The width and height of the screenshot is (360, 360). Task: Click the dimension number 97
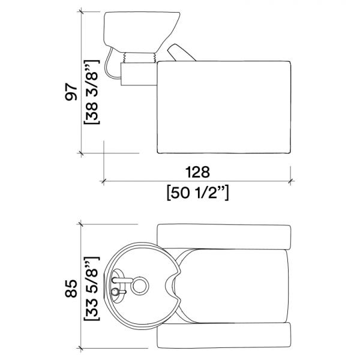click(71, 92)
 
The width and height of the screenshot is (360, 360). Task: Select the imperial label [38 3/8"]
click(92, 92)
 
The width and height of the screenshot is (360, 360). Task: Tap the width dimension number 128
click(197, 172)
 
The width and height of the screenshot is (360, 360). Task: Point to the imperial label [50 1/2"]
click(197, 193)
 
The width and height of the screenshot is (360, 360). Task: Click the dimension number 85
click(71, 289)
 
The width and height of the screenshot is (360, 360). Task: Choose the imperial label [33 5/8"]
click(92, 289)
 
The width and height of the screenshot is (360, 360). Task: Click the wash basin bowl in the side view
click(141, 32)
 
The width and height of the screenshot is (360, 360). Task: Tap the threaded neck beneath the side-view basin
click(139, 57)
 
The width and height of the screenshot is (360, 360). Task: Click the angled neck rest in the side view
click(181, 53)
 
